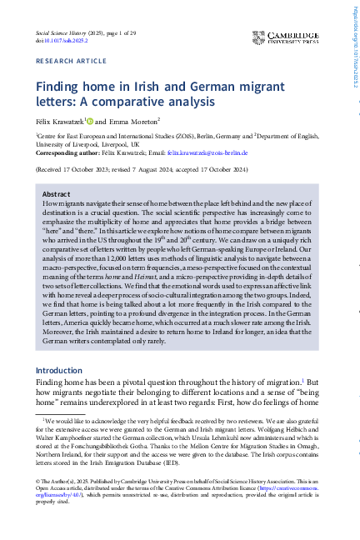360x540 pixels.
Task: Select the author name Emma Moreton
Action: coord(138,122)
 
